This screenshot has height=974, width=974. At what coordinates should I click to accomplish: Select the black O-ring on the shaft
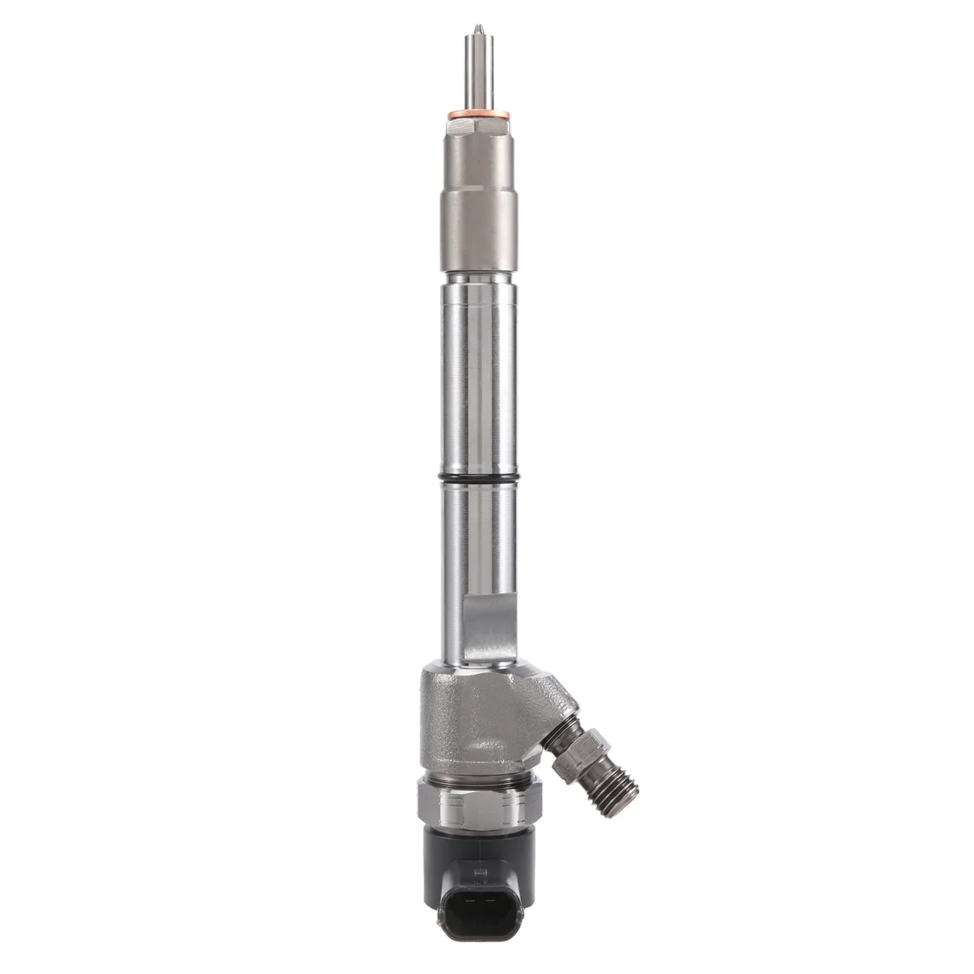(477, 476)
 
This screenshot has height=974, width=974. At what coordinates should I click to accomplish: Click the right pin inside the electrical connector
(485, 923)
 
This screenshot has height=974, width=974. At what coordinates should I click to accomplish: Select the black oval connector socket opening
(473, 924)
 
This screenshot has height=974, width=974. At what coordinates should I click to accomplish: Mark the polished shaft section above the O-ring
(477, 373)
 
